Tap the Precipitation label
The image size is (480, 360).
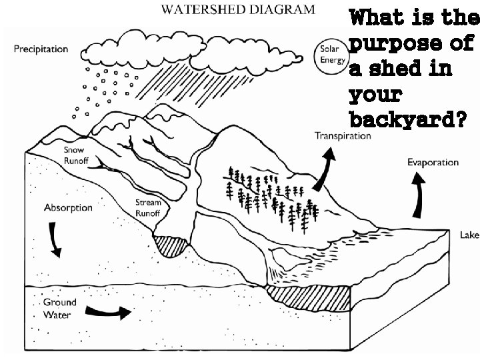[x=41, y=49]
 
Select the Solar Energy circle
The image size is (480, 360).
[x=332, y=55]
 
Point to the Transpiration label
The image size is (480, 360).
[x=342, y=136]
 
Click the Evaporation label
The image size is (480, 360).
[x=433, y=162]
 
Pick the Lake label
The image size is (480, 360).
[x=469, y=235]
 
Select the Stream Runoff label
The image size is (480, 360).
[x=148, y=207]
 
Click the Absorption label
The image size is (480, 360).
[x=68, y=207]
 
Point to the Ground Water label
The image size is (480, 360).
[x=60, y=308]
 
